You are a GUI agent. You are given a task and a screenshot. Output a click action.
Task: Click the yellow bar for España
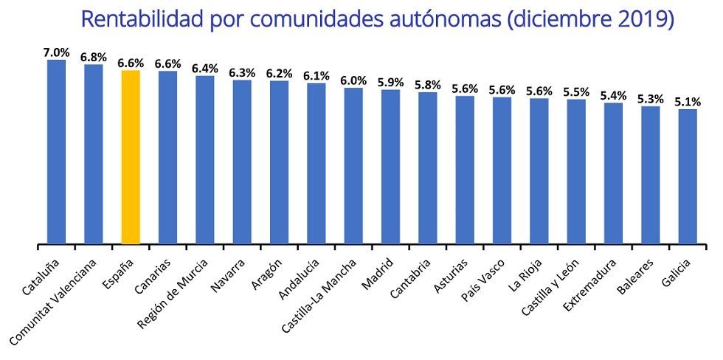(x=131, y=156)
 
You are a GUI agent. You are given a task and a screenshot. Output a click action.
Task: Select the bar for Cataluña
(x=56, y=151)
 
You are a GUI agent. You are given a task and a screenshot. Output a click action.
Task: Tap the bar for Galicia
(x=688, y=176)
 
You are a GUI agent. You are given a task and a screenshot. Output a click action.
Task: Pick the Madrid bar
(x=390, y=166)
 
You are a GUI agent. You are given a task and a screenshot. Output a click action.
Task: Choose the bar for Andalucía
(x=316, y=163)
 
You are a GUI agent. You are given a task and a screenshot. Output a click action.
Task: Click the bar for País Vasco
(x=502, y=170)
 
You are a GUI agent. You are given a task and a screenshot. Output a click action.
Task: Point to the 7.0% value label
(x=56, y=52)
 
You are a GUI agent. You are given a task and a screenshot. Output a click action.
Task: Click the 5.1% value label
(x=688, y=102)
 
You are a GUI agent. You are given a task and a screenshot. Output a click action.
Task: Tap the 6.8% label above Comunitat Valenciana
(x=94, y=57)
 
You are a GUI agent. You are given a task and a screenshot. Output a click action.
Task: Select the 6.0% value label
(x=353, y=80)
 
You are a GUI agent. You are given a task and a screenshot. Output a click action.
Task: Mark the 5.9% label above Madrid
(x=390, y=83)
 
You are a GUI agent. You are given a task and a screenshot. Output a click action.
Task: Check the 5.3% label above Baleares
(x=651, y=99)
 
